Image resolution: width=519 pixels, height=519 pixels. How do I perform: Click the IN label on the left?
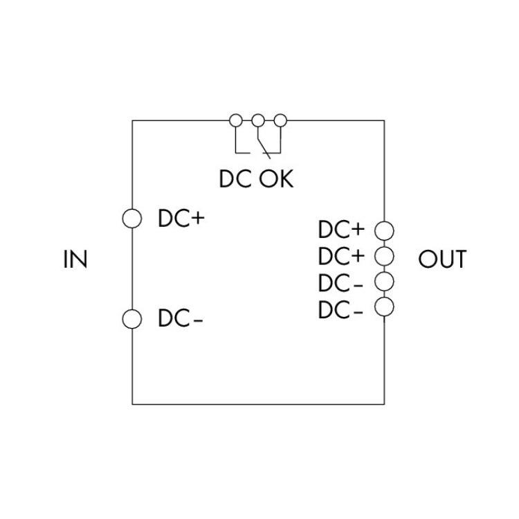75,260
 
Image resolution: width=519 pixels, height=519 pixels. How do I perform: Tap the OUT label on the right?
442,260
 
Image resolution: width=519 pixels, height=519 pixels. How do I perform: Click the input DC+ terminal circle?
131,219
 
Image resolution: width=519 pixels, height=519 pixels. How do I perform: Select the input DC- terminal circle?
131,319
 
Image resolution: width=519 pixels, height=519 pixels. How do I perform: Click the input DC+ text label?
182,219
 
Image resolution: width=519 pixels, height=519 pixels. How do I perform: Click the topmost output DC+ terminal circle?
384,230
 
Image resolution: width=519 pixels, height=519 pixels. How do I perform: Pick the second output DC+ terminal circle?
384,255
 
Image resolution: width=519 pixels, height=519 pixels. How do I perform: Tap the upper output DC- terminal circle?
384,281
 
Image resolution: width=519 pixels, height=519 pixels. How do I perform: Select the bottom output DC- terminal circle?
384,306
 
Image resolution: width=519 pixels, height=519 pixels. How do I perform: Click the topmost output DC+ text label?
341,230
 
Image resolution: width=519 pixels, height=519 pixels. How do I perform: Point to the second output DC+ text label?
341,256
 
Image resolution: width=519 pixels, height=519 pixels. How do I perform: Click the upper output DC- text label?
340,283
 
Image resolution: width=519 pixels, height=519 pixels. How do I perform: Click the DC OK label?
257,180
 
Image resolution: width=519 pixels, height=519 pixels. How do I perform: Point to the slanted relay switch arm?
264,141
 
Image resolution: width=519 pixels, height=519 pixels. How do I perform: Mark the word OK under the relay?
277,180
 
